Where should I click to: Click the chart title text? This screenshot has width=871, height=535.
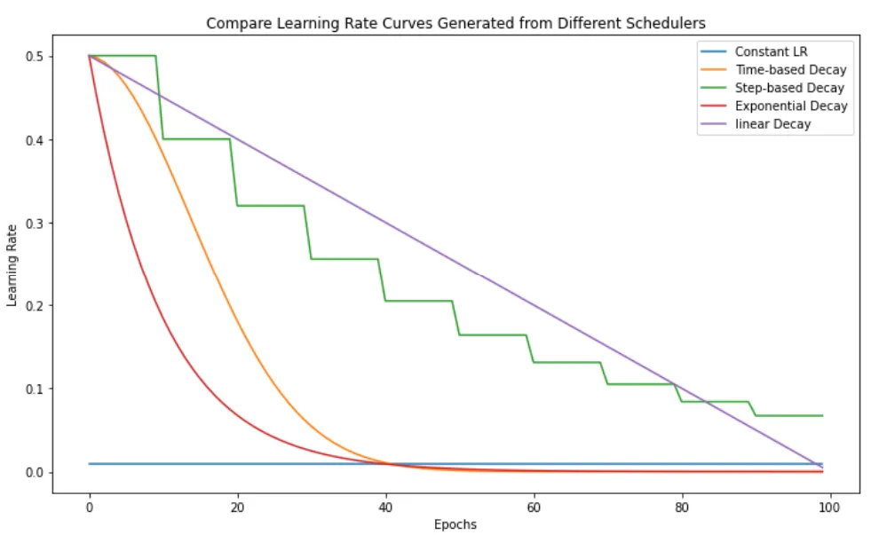(455, 23)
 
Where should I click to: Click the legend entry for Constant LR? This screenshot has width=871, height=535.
(771, 51)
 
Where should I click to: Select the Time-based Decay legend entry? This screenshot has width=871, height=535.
(790, 69)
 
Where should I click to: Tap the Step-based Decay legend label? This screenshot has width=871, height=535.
(789, 88)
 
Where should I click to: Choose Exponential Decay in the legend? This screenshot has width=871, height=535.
(791, 106)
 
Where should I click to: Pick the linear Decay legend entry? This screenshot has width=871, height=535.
(772, 124)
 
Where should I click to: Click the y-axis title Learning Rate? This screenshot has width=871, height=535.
(12, 264)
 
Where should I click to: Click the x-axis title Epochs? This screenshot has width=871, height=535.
(455, 524)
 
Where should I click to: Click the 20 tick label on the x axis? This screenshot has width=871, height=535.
(238, 506)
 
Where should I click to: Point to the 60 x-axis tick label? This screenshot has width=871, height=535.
(534, 506)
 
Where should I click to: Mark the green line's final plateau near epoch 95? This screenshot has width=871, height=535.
(790, 415)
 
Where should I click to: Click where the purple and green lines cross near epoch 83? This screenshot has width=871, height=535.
(707, 401)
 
